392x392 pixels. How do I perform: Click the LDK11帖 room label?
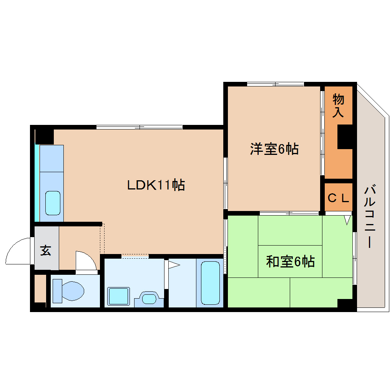(156, 185)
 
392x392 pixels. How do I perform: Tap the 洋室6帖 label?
(274, 149)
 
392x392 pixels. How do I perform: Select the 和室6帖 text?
(290, 262)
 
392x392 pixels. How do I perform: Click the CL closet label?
(338, 198)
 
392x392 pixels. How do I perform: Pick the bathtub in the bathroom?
(210, 282)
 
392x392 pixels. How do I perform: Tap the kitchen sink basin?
(53, 203)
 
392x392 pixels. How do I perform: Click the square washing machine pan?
(118, 296)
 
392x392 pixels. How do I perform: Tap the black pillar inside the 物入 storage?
(345, 137)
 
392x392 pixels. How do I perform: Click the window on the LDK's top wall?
(139, 127)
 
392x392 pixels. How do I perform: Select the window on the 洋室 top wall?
(275, 84)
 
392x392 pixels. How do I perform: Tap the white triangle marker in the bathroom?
(173, 264)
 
